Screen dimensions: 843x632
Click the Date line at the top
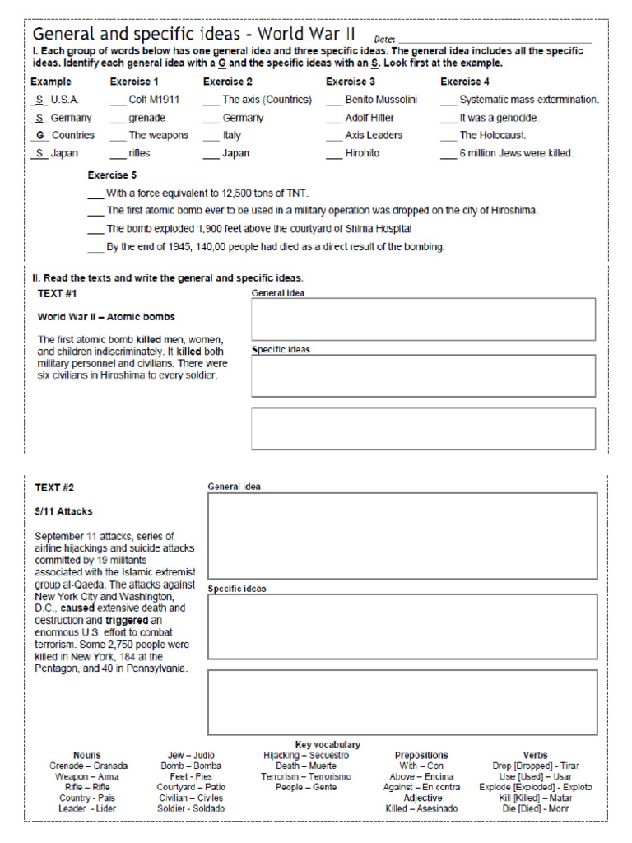click(494, 40)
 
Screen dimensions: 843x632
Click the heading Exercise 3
click(351, 82)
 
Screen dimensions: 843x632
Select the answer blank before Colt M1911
click(117, 100)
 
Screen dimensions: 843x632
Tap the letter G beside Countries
click(39, 135)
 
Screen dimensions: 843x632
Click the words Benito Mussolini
click(381, 100)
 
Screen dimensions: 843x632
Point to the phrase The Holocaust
click(493, 135)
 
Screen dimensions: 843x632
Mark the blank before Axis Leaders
click(333, 136)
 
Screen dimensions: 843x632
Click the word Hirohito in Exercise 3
click(362, 153)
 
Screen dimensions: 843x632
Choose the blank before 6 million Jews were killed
click(448, 154)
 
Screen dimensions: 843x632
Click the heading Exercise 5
click(113, 175)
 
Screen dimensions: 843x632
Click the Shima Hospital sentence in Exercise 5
click(258, 229)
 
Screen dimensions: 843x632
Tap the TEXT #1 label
click(58, 294)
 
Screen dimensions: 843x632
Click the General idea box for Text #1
click(423, 319)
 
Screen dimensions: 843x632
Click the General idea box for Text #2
click(402, 535)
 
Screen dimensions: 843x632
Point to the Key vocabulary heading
click(328, 744)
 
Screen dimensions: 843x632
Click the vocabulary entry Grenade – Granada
click(88, 766)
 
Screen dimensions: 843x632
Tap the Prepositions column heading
click(421, 755)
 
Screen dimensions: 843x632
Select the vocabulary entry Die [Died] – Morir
click(535, 808)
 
